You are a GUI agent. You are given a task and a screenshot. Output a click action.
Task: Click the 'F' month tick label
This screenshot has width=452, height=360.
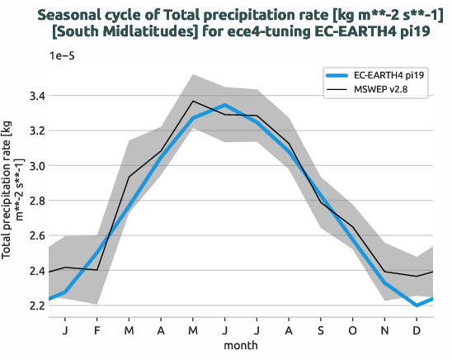click(97, 329)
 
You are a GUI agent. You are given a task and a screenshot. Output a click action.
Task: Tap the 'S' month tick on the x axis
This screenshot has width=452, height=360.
click(321, 329)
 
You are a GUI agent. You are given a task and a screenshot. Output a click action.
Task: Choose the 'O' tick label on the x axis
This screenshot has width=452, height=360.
click(353, 329)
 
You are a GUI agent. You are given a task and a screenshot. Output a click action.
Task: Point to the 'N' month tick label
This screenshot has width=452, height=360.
click(385, 329)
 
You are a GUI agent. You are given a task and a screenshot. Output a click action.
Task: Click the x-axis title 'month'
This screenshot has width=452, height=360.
click(242, 344)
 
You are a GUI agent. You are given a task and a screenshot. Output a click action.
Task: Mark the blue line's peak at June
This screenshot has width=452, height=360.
click(225, 105)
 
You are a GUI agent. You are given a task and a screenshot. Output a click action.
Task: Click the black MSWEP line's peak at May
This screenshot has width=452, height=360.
click(193, 102)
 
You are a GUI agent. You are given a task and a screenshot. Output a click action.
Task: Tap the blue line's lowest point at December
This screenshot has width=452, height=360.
click(417, 306)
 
